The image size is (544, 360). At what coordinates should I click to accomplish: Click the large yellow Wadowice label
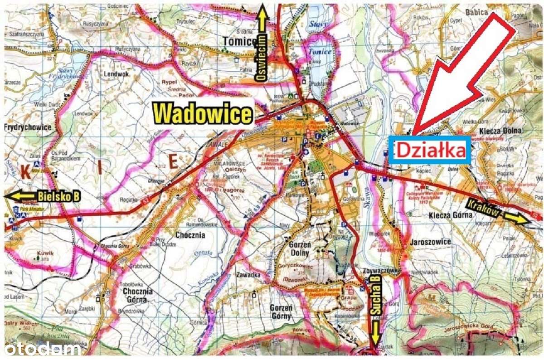[203, 113]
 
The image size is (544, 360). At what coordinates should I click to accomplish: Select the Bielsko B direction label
[59, 196]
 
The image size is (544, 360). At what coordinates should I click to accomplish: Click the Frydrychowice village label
[28, 127]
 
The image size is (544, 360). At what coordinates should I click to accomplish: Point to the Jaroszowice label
[430, 242]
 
